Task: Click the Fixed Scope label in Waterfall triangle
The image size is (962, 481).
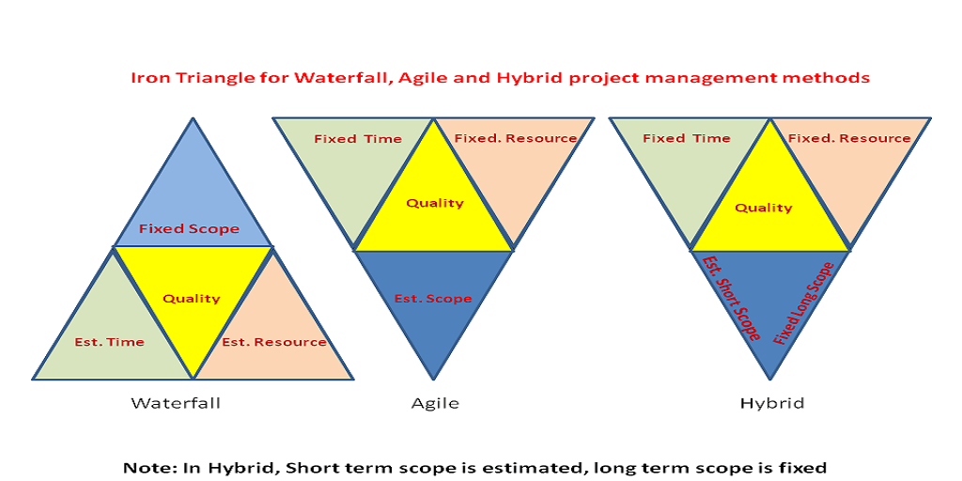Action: point(189,229)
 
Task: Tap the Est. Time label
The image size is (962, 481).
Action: point(109,342)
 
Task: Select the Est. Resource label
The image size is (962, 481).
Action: point(273,342)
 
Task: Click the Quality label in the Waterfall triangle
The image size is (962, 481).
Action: point(192,299)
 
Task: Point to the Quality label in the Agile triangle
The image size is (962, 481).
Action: point(434,203)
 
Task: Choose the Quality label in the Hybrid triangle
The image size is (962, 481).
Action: point(763,208)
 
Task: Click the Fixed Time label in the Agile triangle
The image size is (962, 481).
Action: point(358,139)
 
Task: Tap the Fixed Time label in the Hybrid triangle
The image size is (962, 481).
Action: point(687,138)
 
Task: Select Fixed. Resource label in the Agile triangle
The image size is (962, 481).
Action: point(516,138)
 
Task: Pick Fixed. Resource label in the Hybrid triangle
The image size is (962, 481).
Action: point(849,138)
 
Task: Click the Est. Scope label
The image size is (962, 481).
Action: point(433,299)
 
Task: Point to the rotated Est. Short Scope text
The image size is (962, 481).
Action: point(731,298)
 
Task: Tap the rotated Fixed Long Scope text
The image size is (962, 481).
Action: point(803,303)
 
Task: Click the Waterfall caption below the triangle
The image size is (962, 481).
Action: point(176,403)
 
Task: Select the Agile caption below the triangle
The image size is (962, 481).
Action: point(434,403)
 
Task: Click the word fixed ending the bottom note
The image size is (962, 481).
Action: point(803,467)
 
